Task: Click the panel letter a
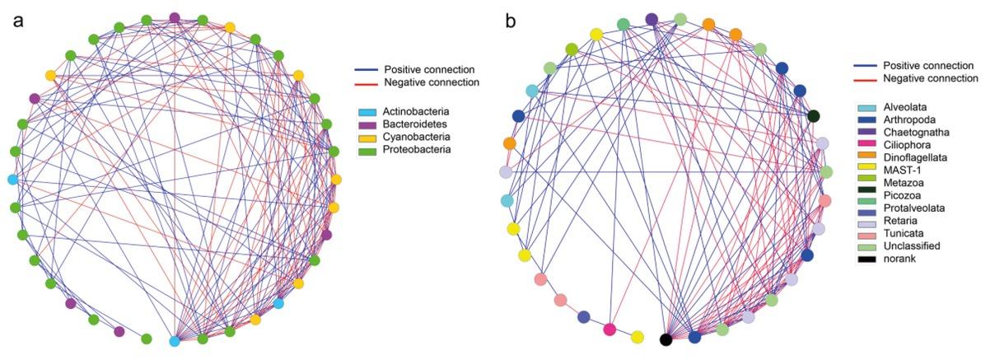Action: coord(18,19)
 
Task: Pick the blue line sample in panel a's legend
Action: coord(367,70)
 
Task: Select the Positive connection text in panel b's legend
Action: coord(928,65)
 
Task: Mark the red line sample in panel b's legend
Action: coord(864,79)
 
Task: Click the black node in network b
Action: coord(666,339)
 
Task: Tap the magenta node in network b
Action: coord(610,330)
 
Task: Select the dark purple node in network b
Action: coord(652,19)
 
